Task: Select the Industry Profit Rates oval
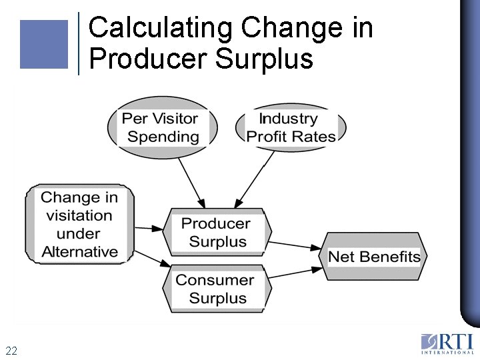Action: tap(291, 127)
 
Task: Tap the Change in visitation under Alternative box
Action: tap(79, 224)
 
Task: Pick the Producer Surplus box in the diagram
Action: tap(216, 232)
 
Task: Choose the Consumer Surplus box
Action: tap(216, 289)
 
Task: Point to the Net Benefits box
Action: tap(374, 257)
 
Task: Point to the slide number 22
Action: tap(11, 351)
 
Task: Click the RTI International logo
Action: tap(447, 343)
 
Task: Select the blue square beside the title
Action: tap(44, 44)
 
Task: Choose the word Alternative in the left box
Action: tap(79, 252)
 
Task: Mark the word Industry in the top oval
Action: tap(288, 119)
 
